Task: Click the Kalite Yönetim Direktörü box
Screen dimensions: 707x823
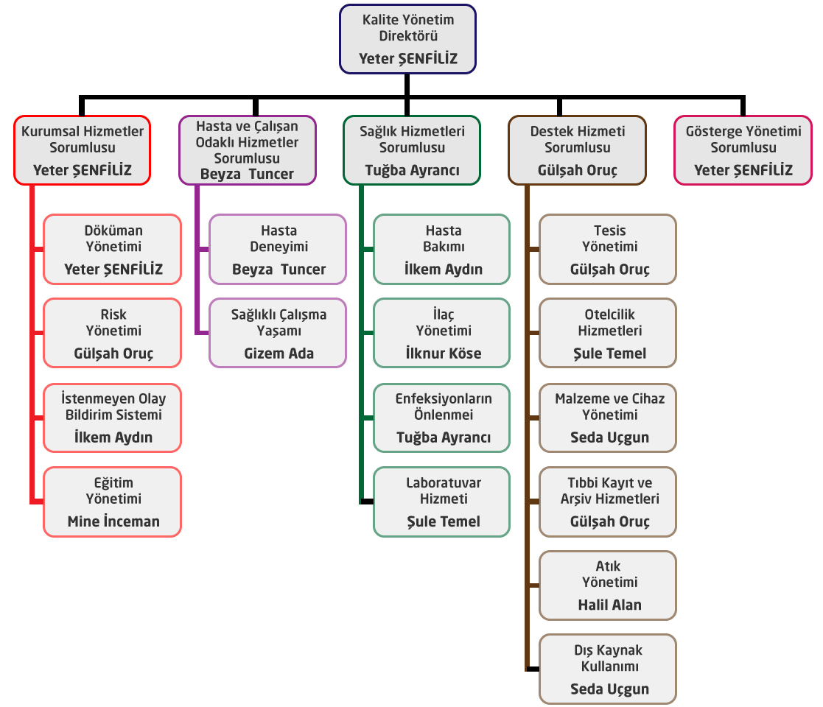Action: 407,39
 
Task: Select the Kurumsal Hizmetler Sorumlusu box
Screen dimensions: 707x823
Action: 82,150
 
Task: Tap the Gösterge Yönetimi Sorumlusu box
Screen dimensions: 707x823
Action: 743,150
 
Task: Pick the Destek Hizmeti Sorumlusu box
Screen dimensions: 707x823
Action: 577,150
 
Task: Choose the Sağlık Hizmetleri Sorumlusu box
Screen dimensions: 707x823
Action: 412,150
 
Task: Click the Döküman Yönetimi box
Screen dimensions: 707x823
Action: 113,249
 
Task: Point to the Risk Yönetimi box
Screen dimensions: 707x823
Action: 113,333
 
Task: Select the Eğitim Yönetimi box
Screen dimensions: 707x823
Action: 113,502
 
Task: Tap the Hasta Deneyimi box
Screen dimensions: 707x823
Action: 278,249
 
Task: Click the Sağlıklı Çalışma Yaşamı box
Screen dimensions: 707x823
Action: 278,333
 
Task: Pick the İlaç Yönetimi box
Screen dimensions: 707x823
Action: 442,333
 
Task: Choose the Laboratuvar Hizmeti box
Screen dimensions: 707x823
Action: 442,502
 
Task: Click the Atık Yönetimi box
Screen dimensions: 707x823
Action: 608,585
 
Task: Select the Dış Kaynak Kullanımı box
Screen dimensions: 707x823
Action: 608,669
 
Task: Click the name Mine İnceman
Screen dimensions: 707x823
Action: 113,521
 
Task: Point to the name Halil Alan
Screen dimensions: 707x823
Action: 609,605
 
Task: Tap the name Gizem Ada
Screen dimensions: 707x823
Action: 279,353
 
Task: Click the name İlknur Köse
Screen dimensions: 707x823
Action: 443,353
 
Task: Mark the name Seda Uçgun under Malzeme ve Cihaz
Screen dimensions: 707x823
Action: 609,437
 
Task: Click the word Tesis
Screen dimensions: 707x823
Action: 609,231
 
